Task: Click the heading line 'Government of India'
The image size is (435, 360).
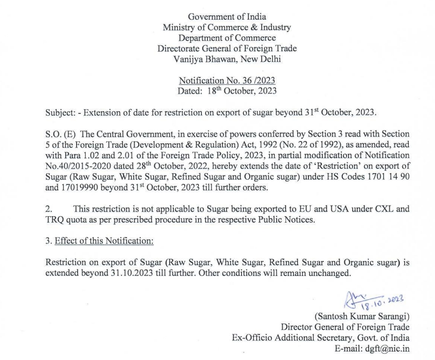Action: click(x=227, y=17)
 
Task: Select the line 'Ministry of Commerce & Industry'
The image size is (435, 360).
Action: click(x=227, y=28)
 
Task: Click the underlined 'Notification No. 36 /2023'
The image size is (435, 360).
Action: click(x=227, y=81)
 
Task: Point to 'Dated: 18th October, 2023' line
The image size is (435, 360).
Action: click(x=227, y=91)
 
